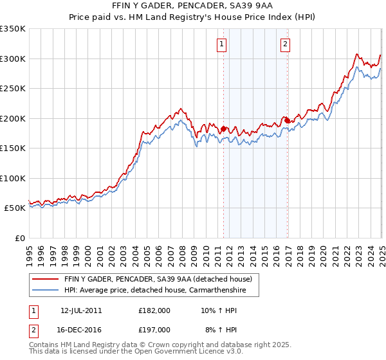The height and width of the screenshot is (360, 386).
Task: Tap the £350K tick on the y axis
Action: pyautogui.click(x=13, y=29)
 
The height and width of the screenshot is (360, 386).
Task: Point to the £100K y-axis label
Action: pyautogui.click(x=13, y=178)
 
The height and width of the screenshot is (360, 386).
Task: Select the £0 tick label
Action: pyautogui.click(x=20, y=238)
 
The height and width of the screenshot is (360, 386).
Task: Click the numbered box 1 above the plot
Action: pyautogui.click(x=221, y=44)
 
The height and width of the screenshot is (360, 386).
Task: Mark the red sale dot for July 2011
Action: pyautogui.click(x=223, y=129)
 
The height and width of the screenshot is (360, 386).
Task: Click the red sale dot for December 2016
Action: pyautogui.click(x=287, y=120)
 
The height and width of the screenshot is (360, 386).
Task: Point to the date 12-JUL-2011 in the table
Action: pyautogui.click(x=81, y=310)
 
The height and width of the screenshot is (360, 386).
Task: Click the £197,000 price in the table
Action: pyautogui.click(x=154, y=330)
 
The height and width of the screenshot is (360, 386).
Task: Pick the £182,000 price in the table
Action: pyautogui.click(x=154, y=310)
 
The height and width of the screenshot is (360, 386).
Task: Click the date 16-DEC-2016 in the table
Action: pyautogui.click(x=81, y=330)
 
